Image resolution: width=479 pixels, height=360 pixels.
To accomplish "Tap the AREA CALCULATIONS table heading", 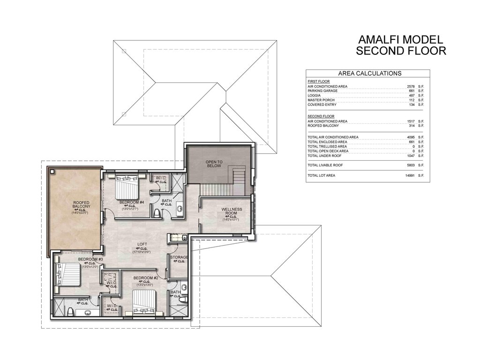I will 369,74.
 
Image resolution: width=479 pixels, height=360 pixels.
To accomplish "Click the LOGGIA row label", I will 314,96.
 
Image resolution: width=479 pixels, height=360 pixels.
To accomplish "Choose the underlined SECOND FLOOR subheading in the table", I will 321,116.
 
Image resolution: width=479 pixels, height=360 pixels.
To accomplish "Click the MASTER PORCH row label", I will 321,100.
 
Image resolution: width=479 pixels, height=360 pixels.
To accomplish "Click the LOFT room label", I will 142,244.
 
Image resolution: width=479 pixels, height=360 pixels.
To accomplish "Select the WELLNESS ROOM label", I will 231,211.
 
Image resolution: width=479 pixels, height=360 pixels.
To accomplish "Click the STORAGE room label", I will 179,257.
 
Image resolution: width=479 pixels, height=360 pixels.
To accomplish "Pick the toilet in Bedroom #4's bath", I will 156,213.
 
